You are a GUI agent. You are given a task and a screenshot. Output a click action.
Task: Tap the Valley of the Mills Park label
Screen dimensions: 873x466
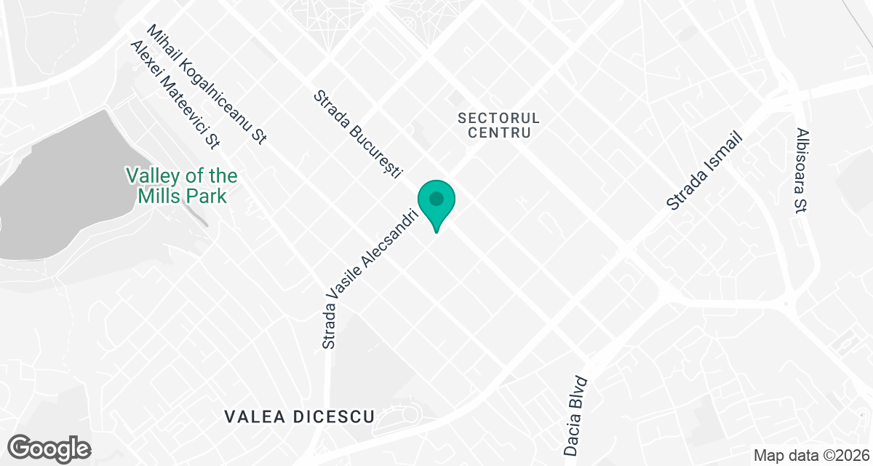[x=181, y=186]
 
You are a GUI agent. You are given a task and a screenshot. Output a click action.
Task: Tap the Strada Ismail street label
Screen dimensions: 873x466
[x=705, y=172]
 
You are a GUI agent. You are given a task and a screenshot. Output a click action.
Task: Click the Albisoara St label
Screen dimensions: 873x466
[x=803, y=170]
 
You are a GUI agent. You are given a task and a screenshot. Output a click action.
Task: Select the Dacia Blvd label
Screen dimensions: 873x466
[x=575, y=415]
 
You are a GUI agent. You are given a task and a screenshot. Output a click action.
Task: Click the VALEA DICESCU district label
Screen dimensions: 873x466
[x=300, y=417]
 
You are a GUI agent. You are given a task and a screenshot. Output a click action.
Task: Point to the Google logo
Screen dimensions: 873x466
[x=49, y=447]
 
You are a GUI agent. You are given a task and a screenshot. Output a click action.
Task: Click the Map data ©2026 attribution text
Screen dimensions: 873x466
[x=810, y=456]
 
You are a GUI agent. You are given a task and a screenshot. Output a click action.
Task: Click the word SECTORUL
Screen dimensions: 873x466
[x=499, y=118]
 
